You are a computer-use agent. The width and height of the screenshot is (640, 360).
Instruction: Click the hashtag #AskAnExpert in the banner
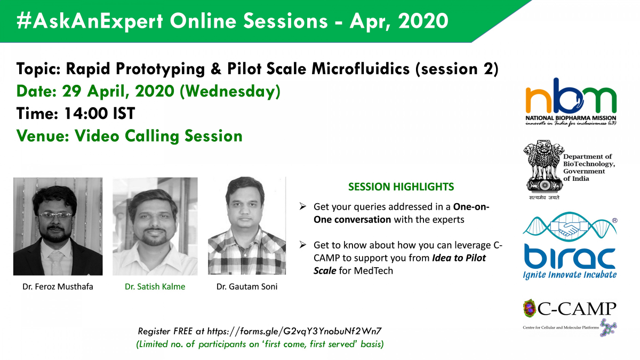[x=90, y=21]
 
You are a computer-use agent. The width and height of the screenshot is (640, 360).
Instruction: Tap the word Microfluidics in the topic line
[x=361, y=69]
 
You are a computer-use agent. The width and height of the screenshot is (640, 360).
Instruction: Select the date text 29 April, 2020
[x=118, y=91]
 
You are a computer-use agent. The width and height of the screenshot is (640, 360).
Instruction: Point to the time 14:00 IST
[x=99, y=113]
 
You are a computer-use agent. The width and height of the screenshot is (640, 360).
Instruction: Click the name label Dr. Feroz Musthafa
[x=58, y=286]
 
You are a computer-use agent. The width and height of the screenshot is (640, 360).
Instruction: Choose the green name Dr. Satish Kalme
[x=155, y=286]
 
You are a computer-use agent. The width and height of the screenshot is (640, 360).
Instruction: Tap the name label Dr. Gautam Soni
[x=247, y=286]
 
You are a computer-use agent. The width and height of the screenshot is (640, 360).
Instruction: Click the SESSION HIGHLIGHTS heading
[x=401, y=187]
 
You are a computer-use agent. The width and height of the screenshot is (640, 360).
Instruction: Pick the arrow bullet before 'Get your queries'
[x=302, y=206]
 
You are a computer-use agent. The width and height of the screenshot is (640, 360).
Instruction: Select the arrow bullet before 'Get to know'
[x=302, y=245]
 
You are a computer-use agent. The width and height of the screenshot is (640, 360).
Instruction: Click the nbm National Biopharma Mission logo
[x=571, y=101]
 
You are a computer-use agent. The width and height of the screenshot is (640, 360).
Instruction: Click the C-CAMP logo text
[x=577, y=309]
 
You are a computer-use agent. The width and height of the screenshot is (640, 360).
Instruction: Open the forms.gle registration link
[x=294, y=331]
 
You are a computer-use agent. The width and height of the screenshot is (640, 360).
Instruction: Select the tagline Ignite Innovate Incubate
[x=570, y=275]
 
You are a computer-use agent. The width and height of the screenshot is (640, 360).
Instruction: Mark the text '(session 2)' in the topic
[x=457, y=69]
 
